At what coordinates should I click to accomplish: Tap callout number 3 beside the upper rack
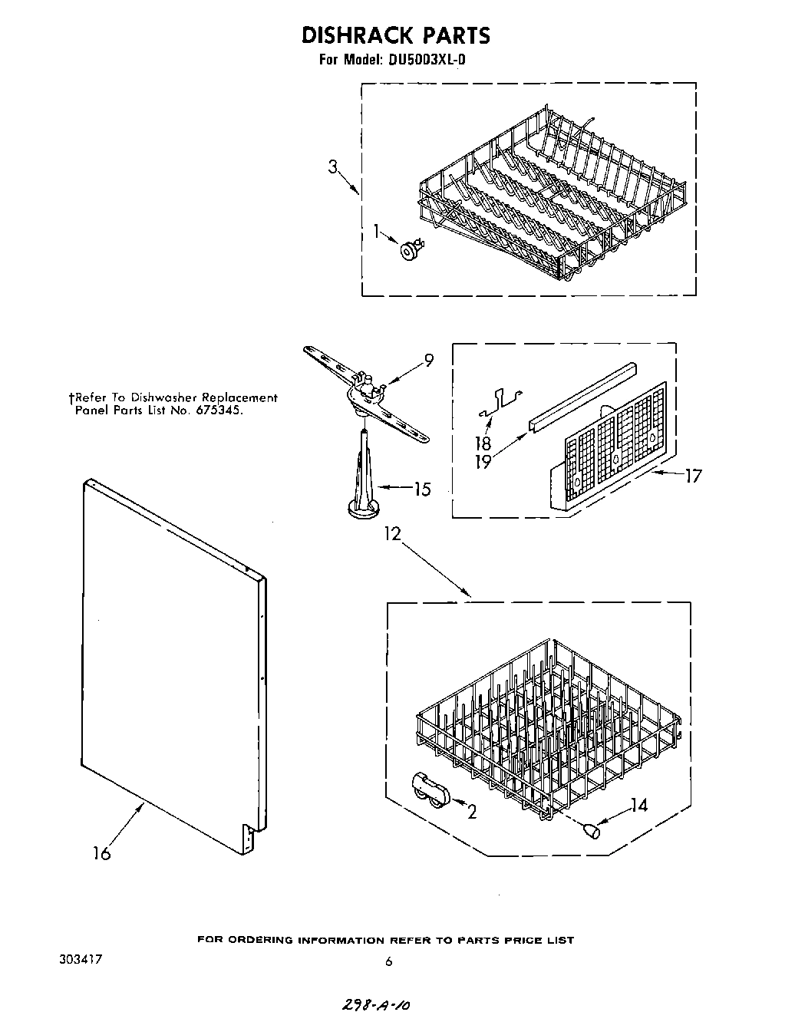click(x=333, y=166)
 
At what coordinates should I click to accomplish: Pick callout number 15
click(x=421, y=489)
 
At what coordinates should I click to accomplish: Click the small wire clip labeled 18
click(x=499, y=399)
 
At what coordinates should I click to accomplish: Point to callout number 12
click(x=393, y=533)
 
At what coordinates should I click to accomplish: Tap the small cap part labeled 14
click(x=591, y=830)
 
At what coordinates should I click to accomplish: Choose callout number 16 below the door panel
click(x=101, y=852)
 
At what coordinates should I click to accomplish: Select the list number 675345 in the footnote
click(x=222, y=410)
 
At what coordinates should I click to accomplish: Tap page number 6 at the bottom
click(x=388, y=961)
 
